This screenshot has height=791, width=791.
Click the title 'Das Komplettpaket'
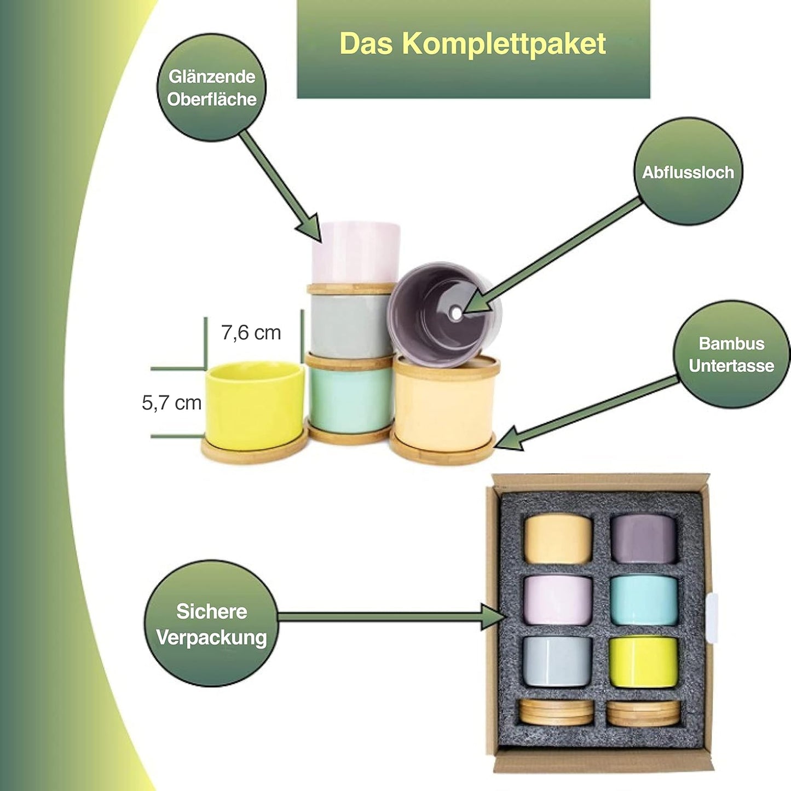point(473,44)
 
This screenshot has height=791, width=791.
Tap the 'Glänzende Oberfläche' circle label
point(212,88)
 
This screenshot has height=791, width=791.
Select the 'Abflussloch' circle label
point(688,172)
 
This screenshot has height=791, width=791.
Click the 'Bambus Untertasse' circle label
point(731,354)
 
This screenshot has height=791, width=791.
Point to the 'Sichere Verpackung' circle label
point(211,623)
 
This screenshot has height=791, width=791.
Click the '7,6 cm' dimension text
point(251,332)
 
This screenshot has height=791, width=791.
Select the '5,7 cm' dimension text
point(172,403)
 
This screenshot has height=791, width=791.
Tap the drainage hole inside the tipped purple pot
point(455,313)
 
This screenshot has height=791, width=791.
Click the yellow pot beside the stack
point(255,405)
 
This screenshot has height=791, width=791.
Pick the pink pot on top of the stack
point(356,252)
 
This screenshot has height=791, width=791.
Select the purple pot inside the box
point(644,539)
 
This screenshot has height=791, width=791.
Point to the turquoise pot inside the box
point(644,601)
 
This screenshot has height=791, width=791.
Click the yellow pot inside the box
point(644,662)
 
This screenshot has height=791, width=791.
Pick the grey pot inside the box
point(557,661)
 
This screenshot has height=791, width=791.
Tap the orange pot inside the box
point(558,539)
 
